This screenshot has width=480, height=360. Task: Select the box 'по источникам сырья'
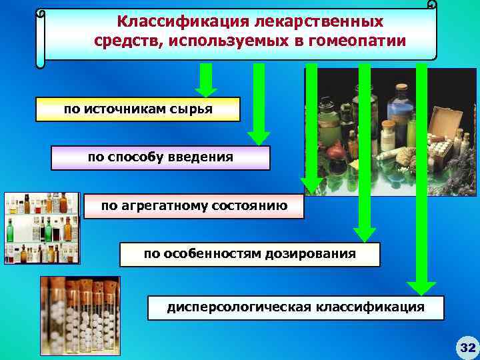click(x=138, y=109)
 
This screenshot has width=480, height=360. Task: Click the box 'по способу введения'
click(x=161, y=158)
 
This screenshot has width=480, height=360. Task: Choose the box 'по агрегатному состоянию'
click(x=194, y=207)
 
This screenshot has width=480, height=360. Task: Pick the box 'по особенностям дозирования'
click(x=249, y=255)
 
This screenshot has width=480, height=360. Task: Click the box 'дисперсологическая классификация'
click(x=295, y=307)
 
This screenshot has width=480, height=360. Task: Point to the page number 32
click(x=466, y=347)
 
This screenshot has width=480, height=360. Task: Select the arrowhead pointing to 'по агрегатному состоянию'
click(x=311, y=184)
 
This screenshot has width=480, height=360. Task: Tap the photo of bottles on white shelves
click(x=41, y=228)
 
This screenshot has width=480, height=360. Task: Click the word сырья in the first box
click(x=195, y=109)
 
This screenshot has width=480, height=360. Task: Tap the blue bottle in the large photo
click(x=400, y=107)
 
